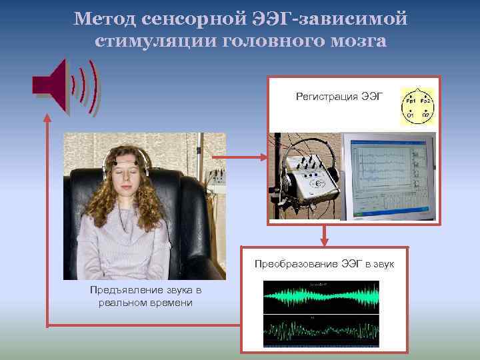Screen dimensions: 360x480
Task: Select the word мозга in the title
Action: click(354, 41)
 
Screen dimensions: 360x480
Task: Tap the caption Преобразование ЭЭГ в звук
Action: click(325, 265)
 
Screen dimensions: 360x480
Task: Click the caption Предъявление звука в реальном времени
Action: click(145, 297)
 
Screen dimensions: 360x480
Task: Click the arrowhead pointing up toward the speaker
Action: click(47, 116)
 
